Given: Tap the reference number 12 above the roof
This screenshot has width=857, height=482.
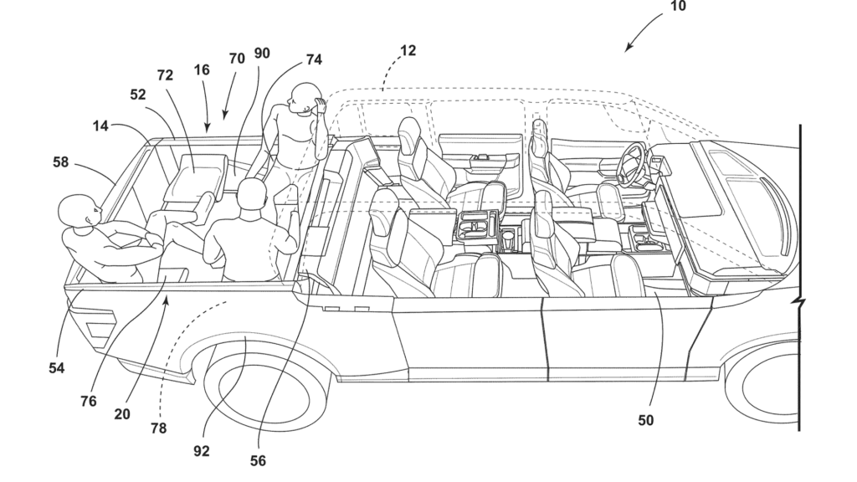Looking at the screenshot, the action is (x=408, y=51).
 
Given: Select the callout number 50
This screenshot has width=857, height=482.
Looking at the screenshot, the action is (x=645, y=420).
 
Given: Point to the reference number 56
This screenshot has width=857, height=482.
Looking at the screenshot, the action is (x=258, y=461).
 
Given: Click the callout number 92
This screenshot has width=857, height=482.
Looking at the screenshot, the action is (x=202, y=451).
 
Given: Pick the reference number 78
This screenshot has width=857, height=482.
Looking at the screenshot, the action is (x=158, y=428).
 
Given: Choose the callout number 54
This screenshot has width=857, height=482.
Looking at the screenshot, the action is (x=56, y=368).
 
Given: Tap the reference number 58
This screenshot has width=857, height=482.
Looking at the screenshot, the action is (x=60, y=162).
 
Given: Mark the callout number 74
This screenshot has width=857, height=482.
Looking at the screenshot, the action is (x=314, y=59).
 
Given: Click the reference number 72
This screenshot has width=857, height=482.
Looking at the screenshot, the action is (x=165, y=75).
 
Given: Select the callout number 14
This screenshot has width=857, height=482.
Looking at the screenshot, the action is (x=100, y=126).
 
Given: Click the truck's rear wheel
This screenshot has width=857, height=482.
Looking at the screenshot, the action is (x=267, y=386).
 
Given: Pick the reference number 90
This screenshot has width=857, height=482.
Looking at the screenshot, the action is (x=262, y=54).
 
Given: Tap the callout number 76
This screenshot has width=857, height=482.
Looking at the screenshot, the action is (x=88, y=402).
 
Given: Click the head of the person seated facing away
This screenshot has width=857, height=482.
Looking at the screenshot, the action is (x=253, y=196).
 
